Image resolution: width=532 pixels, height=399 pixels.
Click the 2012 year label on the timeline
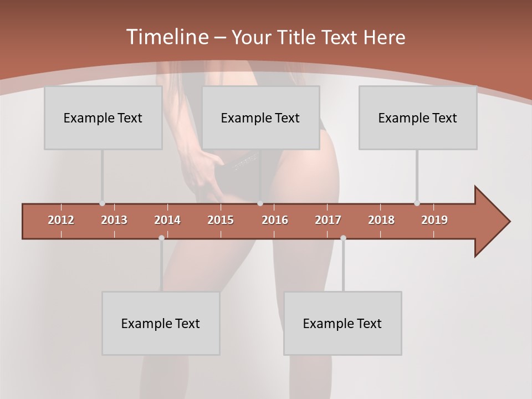pos(61,220)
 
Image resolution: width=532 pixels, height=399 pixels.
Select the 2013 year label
pos(114,220)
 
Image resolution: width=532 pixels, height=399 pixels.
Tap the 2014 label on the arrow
pos(167,220)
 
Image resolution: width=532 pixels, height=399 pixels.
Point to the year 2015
pos(221,220)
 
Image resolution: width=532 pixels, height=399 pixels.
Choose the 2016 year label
pos(275,220)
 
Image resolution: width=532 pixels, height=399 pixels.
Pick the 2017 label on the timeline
pos(328,220)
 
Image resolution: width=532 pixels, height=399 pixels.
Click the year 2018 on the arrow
pos(381,220)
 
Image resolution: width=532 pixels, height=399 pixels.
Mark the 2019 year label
pos(434,220)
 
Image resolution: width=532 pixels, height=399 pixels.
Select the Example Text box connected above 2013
pos(103,118)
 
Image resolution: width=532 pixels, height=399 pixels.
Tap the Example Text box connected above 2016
pos(260,118)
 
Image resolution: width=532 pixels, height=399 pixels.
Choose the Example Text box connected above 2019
pos(418,118)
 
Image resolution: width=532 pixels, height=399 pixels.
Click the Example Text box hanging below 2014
pos(161,323)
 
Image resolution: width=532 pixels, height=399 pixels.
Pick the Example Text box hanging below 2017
pos(342,323)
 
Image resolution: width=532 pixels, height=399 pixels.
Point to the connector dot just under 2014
pos(161,238)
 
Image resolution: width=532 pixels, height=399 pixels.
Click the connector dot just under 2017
pos(343,238)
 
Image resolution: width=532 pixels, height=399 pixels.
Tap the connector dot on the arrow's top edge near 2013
pos(102,203)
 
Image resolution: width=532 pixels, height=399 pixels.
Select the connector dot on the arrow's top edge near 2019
pos(417,203)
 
